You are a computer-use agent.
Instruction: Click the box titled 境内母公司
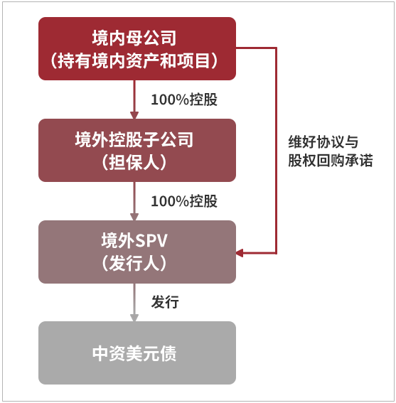pyautogui.click(x=137, y=48)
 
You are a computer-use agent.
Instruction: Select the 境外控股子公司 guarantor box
pyautogui.click(x=137, y=151)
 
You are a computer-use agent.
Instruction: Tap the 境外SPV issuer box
pyautogui.click(x=137, y=252)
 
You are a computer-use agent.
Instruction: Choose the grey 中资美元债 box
pyautogui.click(x=137, y=353)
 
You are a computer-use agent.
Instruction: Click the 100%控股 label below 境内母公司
pyautogui.click(x=184, y=100)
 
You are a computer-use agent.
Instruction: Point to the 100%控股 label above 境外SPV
pyautogui.click(x=184, y=201)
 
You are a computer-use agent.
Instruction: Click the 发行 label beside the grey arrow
pyautogui.click(x=165, y=302)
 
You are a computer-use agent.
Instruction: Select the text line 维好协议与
pyautogui.click(x=323, y=141)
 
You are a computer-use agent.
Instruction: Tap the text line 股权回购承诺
pyautogui.click(x=330, y=161)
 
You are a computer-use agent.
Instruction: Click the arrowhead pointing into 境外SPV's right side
pyautogui.click(x=240, y=253)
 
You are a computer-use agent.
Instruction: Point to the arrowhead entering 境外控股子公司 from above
pyautogui.click(x=134, y=115)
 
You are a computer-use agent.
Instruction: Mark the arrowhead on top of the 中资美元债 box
pyautogui.click(x=134, y=318)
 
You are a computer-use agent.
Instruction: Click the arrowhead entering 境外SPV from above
pyautogui.click(x=134, y=217)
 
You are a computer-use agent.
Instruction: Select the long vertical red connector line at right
pyautogui.click(x=276, y=151)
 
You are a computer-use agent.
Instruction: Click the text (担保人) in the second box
pyautogui.click(x=134, y=162)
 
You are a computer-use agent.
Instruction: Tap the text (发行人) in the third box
pyautogui.click(x=134, y=264)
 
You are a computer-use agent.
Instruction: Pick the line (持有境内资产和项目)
pyautogui.click(x=134, y=61)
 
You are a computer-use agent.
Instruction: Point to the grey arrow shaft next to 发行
pyautogui.click(x=134, y=299)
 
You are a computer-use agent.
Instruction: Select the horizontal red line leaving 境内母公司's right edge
pyautogui.click(x=256, y=48)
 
